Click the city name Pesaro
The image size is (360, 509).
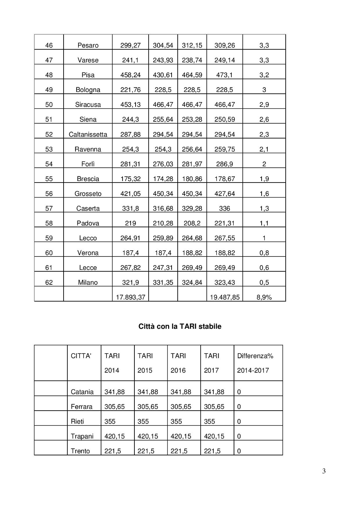(x=88, y=45)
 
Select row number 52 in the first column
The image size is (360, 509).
(x=49, y=134)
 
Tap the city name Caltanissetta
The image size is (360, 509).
(x=88, y=134)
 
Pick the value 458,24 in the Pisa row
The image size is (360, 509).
(x=130, y=75)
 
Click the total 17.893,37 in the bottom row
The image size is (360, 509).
(x=130, y=297)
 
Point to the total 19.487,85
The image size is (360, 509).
(x=224, y=297)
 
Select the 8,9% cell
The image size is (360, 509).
(x=264, y=297)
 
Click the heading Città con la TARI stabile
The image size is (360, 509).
(x=180, y=326)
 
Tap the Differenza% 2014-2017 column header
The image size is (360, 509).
(x=255, y=363)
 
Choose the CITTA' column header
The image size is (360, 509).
(x=81, y=356)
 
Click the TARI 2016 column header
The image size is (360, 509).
(x=178, y=363)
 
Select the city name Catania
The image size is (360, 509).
(x=82, y=392)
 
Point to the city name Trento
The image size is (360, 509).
(x=80, y=451)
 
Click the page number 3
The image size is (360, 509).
(x=324, y=471)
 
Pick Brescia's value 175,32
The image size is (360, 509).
(x=130, y=179)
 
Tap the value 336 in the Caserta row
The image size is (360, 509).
(x=224, y=209)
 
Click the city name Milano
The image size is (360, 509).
(x=88, y=282)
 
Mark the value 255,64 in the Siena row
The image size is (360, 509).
(x=163, y=119)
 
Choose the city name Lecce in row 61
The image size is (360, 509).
(x=88, y=268)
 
